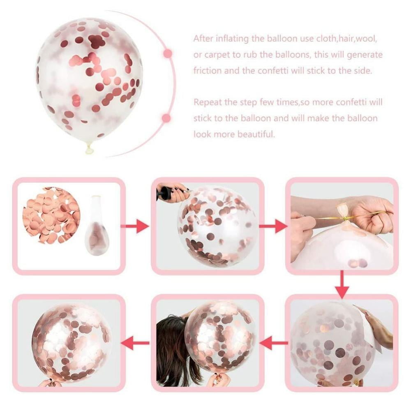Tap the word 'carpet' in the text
(217, 55)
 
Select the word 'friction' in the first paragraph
(207, 71)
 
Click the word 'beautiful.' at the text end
(256, 134)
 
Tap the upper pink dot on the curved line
(168, 54)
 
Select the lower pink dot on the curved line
(166, 118)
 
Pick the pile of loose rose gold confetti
(51, 215)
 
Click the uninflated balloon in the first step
(97, 225)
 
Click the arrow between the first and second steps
(135, 226)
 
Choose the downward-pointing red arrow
(342, 284)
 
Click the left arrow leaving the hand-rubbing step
(274, 343)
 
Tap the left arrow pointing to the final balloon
(135, 343)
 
